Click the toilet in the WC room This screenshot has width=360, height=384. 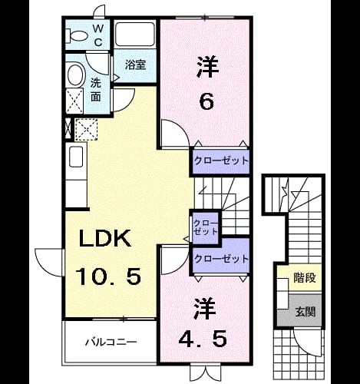[x=76, y=36]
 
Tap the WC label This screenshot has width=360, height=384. [x=98, y=35]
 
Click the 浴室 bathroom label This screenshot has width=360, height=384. [x=135, y=65]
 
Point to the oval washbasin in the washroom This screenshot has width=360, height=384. [x=75, y=74]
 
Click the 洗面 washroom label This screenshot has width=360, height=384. [x=96, y=89]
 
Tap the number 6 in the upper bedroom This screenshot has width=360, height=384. [x=206, y=101]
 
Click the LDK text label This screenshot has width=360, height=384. [x=105, y=238]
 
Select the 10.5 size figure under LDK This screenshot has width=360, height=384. [x=107, y=276]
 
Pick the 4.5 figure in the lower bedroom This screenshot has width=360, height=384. [x=203, y=339]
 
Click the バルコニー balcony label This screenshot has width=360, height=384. [x=111, y=342]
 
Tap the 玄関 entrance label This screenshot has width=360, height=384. [x=305, y=312]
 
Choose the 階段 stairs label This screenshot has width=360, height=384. [x=305, y=278]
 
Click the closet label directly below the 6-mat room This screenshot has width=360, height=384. [x=221, y=161]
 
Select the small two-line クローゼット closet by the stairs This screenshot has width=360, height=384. [x=206, y=227]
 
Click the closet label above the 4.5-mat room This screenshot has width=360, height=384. [x=221, y=259]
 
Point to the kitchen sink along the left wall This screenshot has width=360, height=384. [x=76, y=157]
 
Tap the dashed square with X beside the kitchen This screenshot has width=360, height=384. [x=86, y=129]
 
